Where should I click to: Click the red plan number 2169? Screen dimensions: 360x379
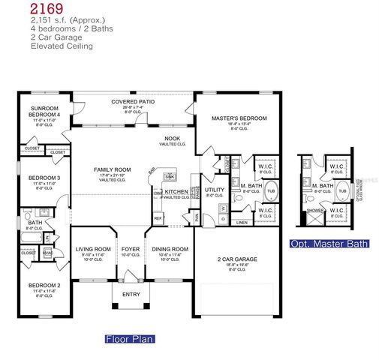click(x=47, y=10)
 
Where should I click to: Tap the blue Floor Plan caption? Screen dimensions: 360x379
click(x=129, y=338)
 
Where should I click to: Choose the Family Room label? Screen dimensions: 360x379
click(x=112, y=169)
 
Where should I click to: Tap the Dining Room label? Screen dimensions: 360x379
click(x=170, y=248)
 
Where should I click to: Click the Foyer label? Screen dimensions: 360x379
click(x=132, y=248)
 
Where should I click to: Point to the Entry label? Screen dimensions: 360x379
click(x=132, y=293)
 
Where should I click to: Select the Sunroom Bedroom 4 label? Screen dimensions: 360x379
click(x=43, y=111)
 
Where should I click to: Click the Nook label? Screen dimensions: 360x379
click(x=173, y=139)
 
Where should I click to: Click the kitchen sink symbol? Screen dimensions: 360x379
click(x=170, y=178)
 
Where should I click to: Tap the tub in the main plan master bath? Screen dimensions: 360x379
click(x=271, y=190)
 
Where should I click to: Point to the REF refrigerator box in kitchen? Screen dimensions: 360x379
click(x=158, y=218)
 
